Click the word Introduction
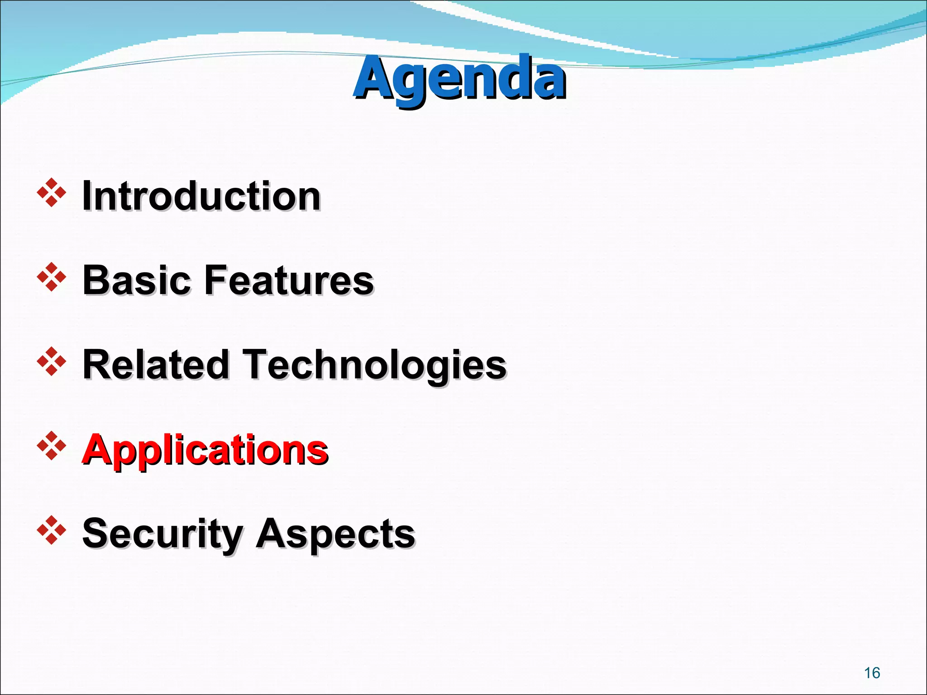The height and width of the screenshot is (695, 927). (x=201, y=196)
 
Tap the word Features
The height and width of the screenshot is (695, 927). (x=289, y=281)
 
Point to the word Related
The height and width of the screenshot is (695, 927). (x=156, y=365)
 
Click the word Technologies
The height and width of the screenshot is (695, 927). (x=375, y=366)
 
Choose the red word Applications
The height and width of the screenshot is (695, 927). (x=205, y=450)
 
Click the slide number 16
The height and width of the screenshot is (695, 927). (x=872, y=673)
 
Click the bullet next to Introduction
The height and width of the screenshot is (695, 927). (x=52, y=193)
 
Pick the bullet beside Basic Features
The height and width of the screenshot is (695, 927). (x=52, y=277)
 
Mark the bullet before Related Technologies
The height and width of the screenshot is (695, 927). (x=52, y=362)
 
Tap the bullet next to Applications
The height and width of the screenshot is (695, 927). (x=52, y=446)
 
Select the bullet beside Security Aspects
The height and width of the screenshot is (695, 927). (x=52, y=530)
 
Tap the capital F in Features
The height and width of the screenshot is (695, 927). (x=217, y=280)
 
